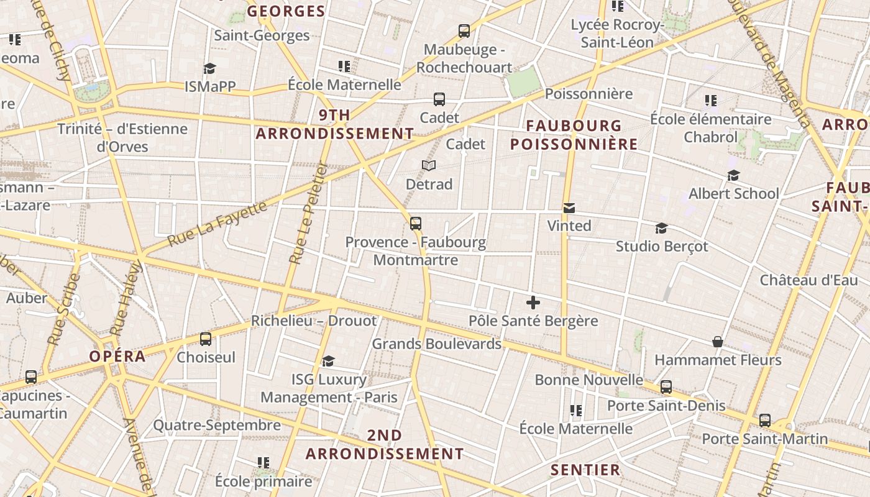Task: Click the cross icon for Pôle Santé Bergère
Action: [533, 303]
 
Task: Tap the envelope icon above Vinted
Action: [569, 207]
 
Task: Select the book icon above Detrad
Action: [429, 165]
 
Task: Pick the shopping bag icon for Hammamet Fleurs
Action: [718, 342]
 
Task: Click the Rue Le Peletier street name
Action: [308, 213]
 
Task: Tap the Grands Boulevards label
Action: [436, 344]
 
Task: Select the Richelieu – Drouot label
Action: [314, 321]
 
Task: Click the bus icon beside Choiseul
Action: [206, 339]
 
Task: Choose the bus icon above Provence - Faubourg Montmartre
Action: [416, 224]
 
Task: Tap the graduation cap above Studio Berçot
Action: [661, 229]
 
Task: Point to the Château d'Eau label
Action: [808, 280]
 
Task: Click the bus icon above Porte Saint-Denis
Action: [666, 387]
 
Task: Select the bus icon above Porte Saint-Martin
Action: [765, 421]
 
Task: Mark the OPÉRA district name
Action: [117, 357]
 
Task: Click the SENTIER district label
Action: [585, 470]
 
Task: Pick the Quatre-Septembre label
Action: [217, 426]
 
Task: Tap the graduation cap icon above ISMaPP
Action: [209, 68]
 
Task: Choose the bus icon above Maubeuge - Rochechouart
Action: [464, 31]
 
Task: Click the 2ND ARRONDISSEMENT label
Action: [385, 445]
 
